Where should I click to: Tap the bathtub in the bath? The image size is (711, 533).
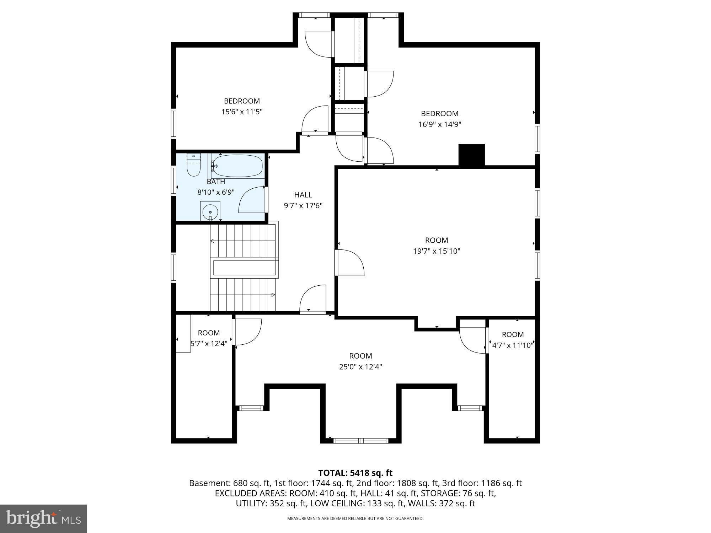coord(237,166)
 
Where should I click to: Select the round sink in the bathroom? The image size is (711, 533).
coord(210,212)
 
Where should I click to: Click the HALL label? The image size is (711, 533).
coord(303,195)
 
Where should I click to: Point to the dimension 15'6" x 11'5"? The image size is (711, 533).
coord(242,112)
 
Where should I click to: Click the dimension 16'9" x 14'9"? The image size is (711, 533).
coord(440,125)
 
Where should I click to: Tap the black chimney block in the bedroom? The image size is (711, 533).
coord(471,155)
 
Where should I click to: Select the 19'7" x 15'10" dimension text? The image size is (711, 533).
coord(436,251)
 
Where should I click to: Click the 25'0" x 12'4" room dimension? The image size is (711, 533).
coord(360,367)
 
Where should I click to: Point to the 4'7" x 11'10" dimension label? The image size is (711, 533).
coord(513,345)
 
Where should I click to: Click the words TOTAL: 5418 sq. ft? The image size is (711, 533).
coord(355,473)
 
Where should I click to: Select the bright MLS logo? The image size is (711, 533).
coord(43,519)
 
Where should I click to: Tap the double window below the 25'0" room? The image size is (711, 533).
coord(361,441)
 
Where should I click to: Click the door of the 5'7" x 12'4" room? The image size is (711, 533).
coord(247,332)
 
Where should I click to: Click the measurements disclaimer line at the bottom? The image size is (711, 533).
coord(355,519)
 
